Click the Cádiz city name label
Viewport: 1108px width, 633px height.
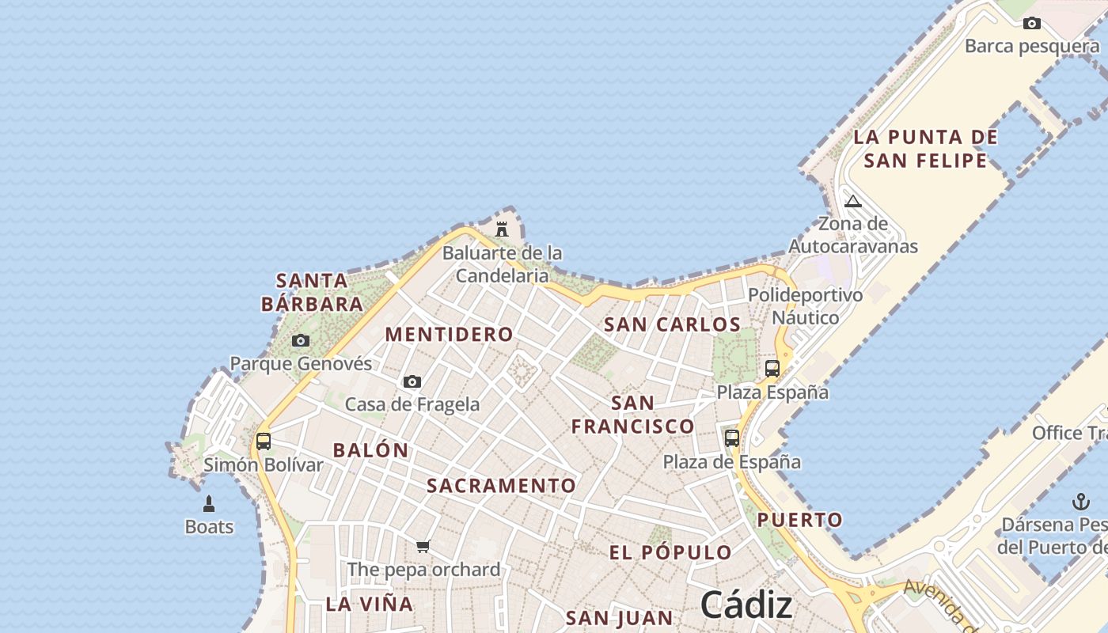coord(746,605)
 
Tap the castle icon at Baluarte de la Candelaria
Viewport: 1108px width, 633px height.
coord(502,229)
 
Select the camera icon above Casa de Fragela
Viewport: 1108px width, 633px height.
coord(412,382)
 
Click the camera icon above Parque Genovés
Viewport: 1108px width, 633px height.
coord(301,341)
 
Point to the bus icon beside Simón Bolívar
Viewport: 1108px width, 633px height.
coord(264,442)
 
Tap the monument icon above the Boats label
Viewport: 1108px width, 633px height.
coord(209,504)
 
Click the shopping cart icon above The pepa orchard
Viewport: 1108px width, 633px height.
coord(423,546)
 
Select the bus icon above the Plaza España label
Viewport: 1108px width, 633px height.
coord(772,369)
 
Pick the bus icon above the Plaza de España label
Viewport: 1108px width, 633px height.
coord(732,438)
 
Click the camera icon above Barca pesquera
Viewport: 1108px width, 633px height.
coord(1031,24)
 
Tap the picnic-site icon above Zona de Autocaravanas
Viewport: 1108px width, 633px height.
coord(852,201)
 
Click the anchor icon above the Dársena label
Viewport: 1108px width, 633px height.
coord(1080,502)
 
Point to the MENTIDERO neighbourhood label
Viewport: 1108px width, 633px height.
coord(449,335)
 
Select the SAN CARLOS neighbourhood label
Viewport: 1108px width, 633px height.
coord(672,324)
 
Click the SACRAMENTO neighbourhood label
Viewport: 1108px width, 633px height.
coord(502,486)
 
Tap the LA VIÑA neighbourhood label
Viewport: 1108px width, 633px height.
coord(370,605)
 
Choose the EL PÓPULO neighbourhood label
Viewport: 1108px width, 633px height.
coord(670,552)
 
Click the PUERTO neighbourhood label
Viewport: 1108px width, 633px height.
coord(800,520)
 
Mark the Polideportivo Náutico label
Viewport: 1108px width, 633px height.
coord(806,306)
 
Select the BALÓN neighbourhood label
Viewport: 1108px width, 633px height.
coord(371,450)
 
